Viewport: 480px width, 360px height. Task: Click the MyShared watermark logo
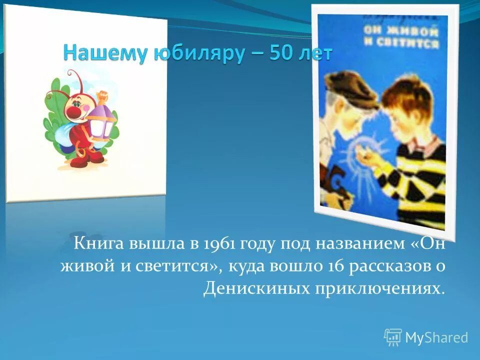coord(426,337)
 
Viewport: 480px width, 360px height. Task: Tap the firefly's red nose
coord(74,111)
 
